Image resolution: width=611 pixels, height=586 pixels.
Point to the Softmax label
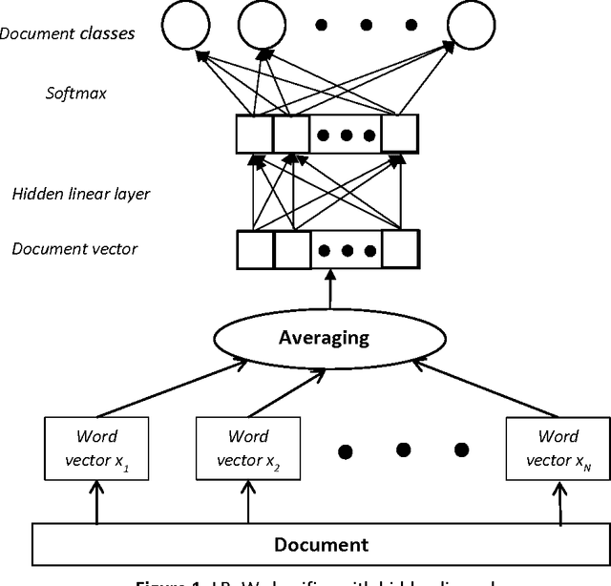(74, 94)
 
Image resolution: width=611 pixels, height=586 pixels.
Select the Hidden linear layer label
(80, 195)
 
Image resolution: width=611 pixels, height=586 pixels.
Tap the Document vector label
(74, 250)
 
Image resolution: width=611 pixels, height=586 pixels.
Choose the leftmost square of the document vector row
(255, 251)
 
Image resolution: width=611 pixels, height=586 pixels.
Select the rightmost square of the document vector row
(401, 251)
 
